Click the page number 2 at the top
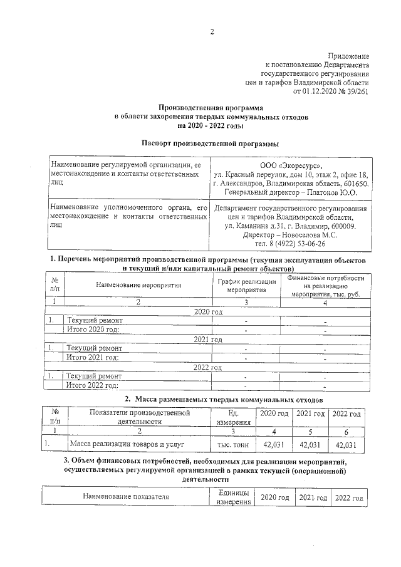coord(212,32)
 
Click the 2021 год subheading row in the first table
coord(209,339)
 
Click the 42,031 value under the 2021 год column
coord(310,444)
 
